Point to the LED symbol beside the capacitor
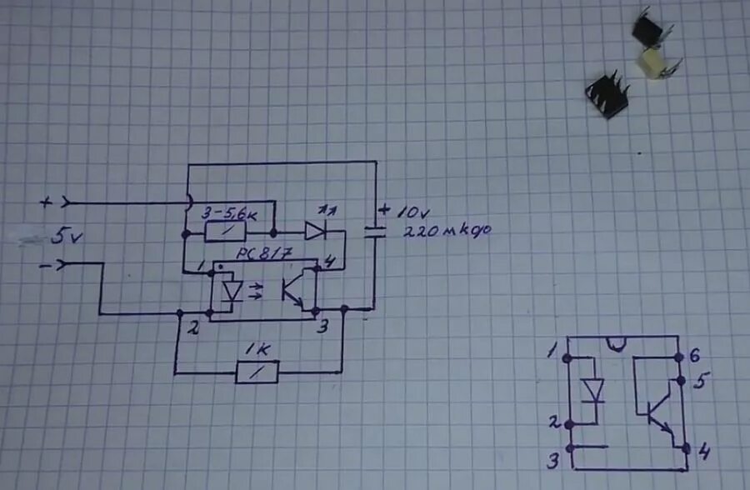(x=316, y=230)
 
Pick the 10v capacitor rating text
(x=407, y=212)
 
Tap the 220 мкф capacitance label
(x=448, y=231)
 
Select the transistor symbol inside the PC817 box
(x=294, y=288)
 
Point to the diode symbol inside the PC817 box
(x=233, y=289)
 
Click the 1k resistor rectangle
(x=257, y=372)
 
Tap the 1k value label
(x=254, y=350)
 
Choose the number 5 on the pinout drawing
(x=699, y=382)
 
